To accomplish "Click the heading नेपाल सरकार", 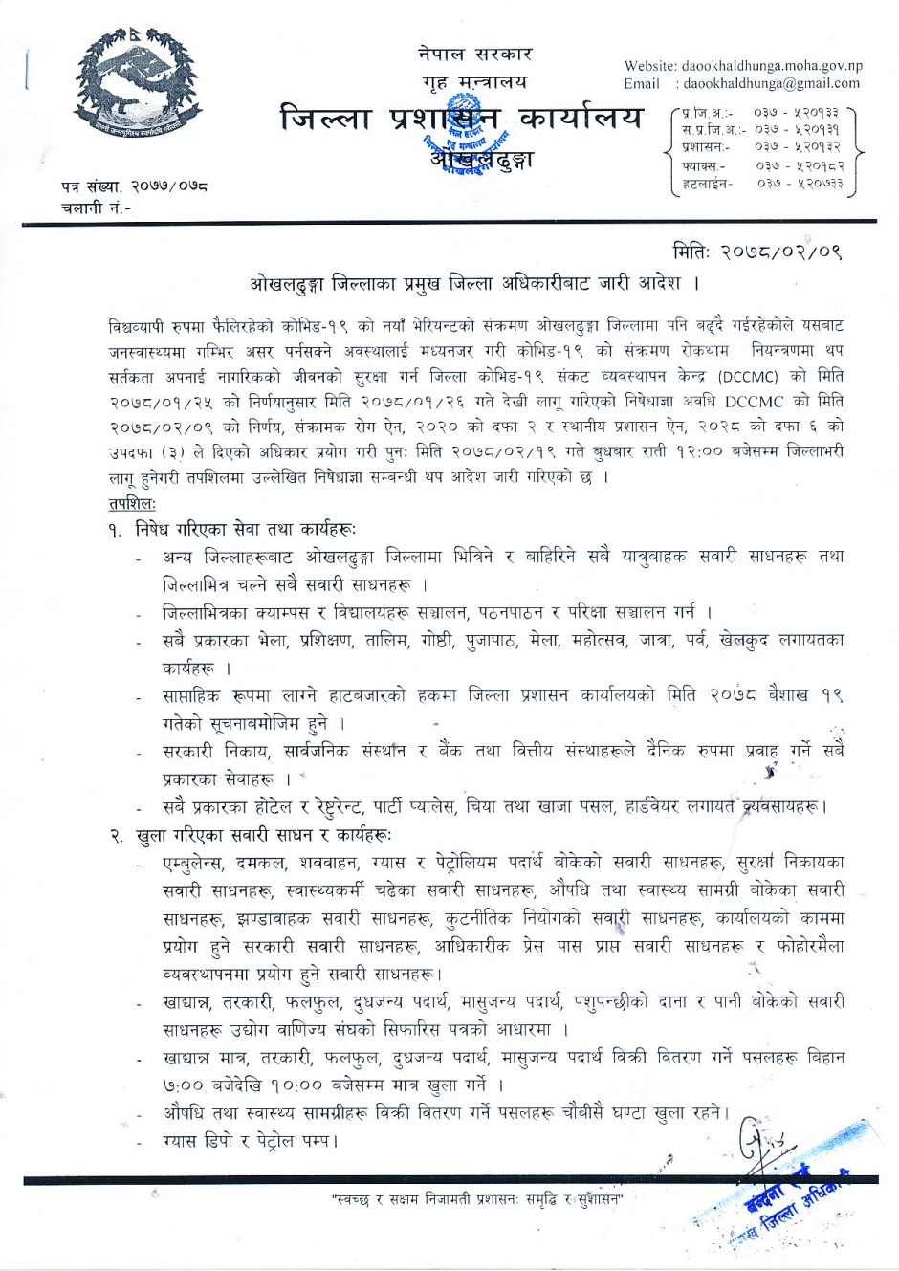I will coord(474,55).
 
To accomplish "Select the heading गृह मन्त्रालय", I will coord(474,82).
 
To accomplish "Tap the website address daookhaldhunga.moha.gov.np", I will coord(772,66).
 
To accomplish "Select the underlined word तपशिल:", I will coord(132,502).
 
